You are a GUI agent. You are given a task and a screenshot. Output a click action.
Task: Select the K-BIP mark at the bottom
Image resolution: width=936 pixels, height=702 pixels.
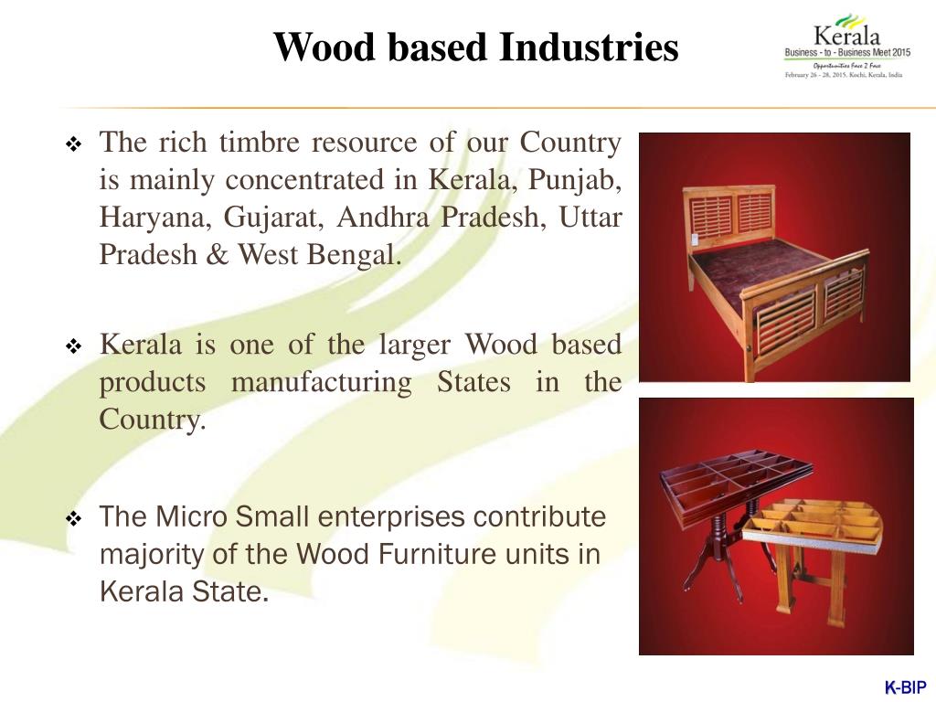click(x=905, y=687)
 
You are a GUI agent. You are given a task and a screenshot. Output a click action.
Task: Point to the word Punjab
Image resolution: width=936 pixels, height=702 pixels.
click(x=579, y=181)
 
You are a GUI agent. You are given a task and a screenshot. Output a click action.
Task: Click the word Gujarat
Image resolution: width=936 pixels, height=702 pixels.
click(x=271, y=218)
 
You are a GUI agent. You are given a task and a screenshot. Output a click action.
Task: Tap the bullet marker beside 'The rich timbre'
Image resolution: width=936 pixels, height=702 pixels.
click(x=75, y=145)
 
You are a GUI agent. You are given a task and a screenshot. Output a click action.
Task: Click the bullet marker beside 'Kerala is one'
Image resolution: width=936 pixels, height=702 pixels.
click(x=75, y=347)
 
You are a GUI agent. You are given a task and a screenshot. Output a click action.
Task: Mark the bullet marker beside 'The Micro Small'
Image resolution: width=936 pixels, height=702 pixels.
click(x=75, y=519)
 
